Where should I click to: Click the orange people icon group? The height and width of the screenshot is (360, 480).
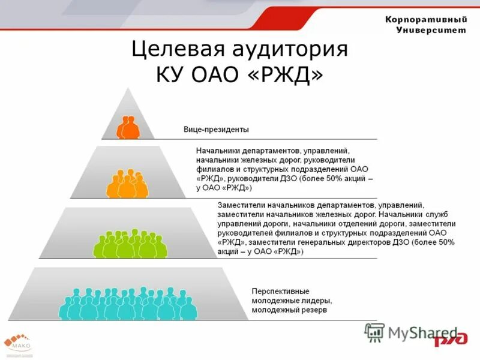(127, 184)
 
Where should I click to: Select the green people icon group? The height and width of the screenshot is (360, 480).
(130, 243)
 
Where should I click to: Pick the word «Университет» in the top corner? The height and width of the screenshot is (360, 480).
(431, 31)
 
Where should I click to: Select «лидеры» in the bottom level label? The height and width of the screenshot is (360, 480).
(317, 301)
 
